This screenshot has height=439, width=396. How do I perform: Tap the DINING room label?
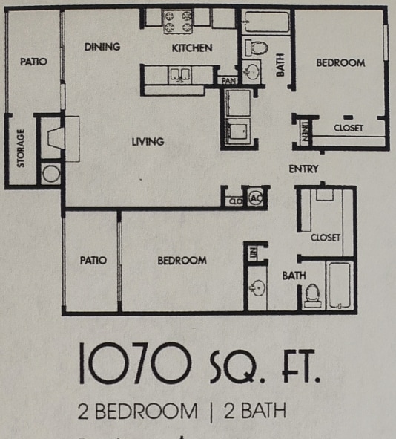click(102, 47)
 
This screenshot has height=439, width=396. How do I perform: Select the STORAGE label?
click(21, 149)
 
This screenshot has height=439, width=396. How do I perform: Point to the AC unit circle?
click(256, 198)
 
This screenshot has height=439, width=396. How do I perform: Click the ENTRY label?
click(304, 169)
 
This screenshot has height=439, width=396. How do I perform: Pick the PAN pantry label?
click(226, 79)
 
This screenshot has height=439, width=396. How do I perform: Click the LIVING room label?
click(148, 142)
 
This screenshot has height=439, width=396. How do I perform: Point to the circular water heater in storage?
click(51, 175)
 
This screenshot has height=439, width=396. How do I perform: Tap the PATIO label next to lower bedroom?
click(93, 261)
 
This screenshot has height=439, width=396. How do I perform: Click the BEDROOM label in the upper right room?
click(340, 63)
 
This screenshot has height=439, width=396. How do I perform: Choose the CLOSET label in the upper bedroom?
click(348, 128)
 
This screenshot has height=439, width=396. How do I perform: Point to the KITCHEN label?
click(192, 48)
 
